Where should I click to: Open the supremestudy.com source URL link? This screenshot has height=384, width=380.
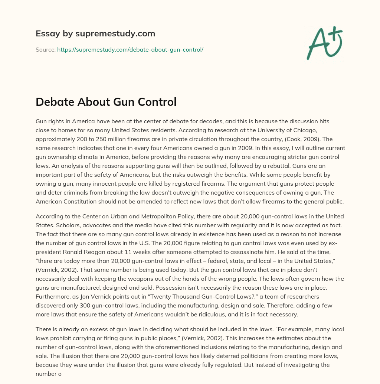[x=130, y=49]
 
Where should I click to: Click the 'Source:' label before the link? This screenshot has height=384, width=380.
[x=46, y=49]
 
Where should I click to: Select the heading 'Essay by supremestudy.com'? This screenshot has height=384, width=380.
[x=95, y=34]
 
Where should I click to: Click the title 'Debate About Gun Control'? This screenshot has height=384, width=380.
[x=106, y=102]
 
